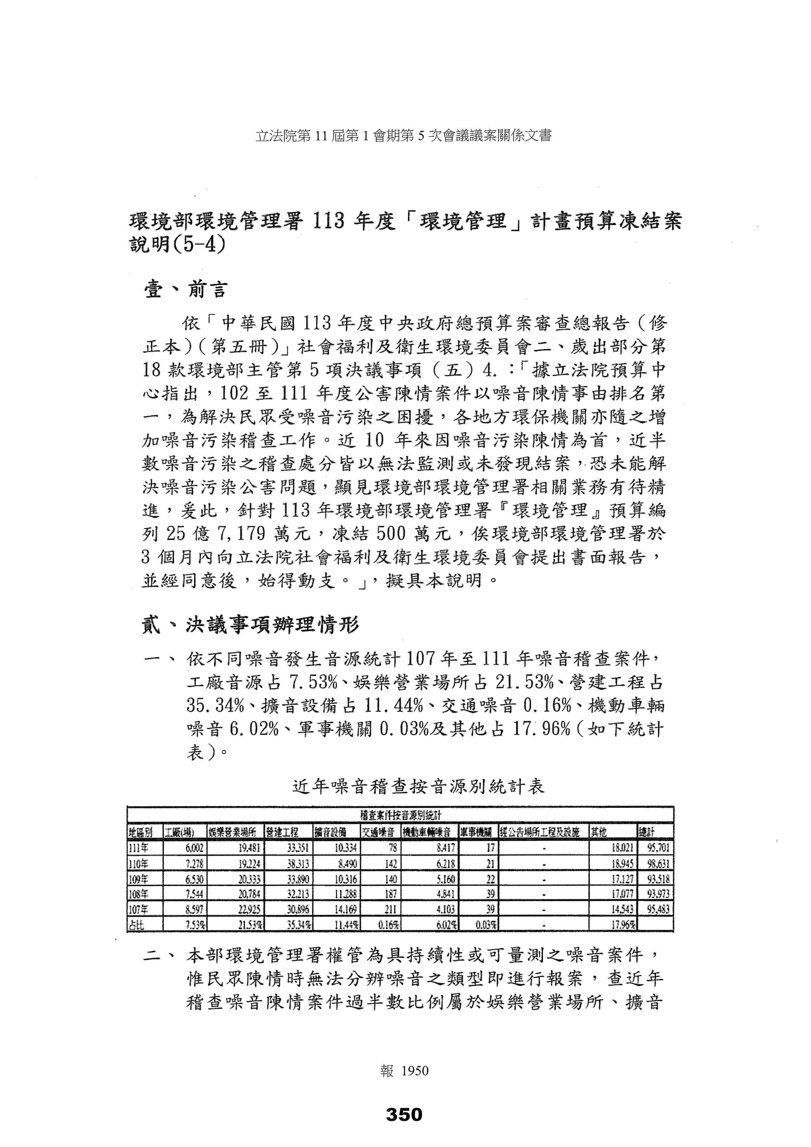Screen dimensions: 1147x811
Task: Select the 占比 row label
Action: pyautogui.click(x=136, y=925)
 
